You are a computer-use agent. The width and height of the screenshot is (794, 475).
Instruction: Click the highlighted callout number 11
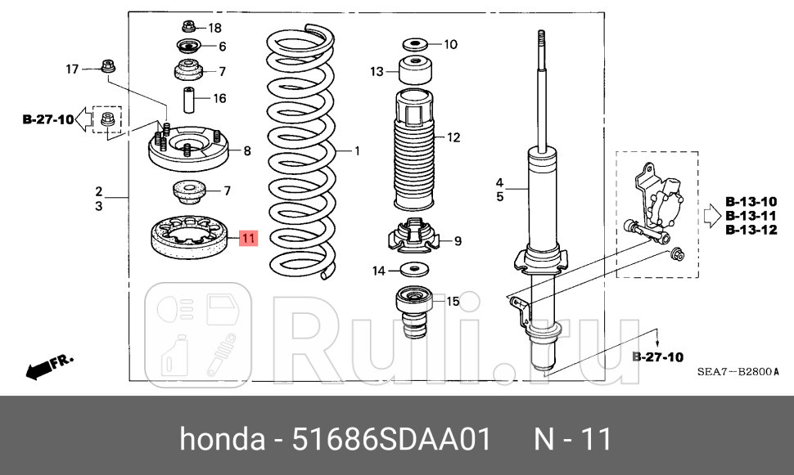click(x=248, y=239)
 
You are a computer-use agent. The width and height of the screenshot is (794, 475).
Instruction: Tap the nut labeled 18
click(x=188, y=26)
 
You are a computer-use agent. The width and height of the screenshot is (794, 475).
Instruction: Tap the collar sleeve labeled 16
click(x=188, y=99)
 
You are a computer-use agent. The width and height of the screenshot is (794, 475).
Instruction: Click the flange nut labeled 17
click(x=106, y=65)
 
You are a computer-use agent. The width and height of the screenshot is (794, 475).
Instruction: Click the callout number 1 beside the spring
click(x=357, y=151)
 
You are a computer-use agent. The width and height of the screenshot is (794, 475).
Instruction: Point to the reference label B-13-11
click(x=751, y=215)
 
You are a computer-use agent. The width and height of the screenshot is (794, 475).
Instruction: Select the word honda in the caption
click(x=216, y=439)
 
